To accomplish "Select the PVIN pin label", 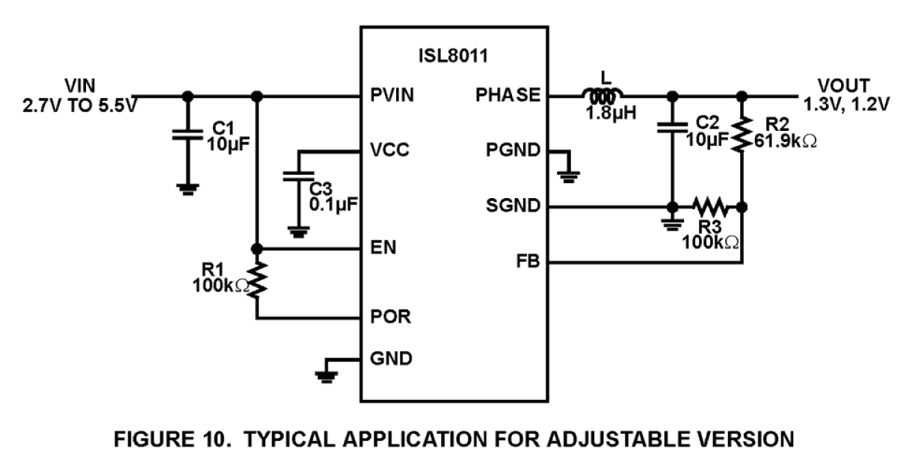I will click(x=392, y=96).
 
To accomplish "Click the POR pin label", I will click(x=389, y=318).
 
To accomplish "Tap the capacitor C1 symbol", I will click(x=188, y=135).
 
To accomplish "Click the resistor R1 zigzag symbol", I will click(x=257, y=278).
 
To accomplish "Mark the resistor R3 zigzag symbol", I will click(x=708, y=206).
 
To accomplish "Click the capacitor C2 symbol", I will click(x=672, y=128).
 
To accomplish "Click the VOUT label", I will click(x=844, y=84).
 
